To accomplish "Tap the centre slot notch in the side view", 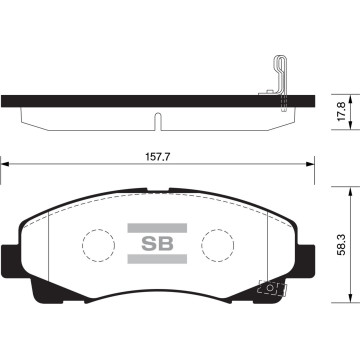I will coord(157,121).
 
